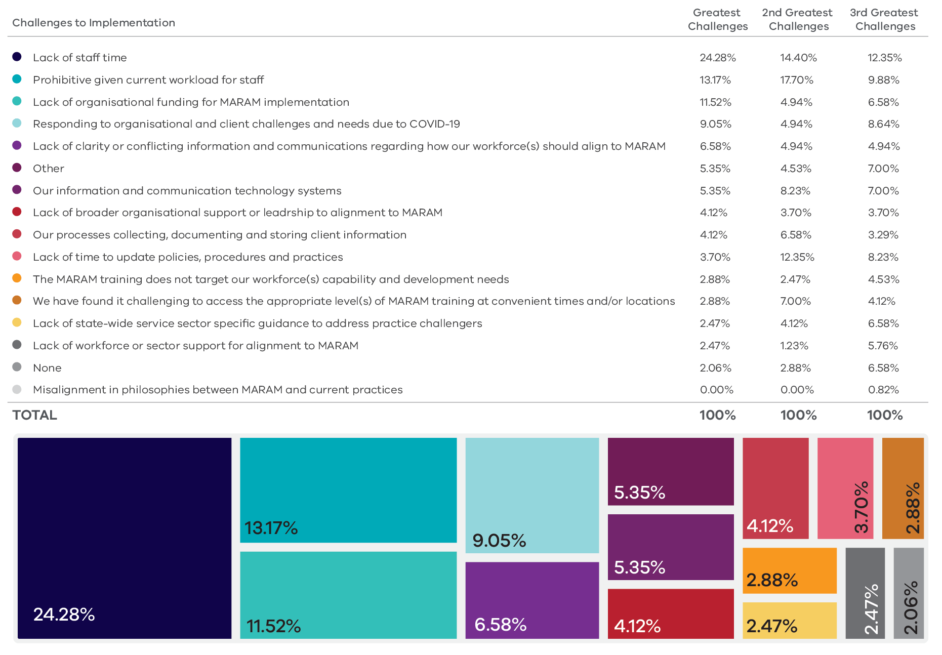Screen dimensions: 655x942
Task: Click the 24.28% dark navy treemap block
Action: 125,538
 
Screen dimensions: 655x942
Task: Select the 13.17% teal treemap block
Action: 348,490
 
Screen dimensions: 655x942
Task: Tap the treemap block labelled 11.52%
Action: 348,595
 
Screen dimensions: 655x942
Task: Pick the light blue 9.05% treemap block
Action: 532,495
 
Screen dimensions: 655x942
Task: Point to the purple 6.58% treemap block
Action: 532,600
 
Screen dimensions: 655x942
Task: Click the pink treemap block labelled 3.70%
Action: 845,488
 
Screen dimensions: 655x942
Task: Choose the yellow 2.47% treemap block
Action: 789,620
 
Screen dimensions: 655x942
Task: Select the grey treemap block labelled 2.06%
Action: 909,593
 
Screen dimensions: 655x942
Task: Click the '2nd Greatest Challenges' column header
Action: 798,19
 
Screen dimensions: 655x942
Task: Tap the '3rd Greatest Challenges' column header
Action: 884,19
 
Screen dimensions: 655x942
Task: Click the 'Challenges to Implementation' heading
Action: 94,23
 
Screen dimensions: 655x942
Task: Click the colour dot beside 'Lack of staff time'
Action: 17,57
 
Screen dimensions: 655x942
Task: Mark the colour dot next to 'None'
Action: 17,367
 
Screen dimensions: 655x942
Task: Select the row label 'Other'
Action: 49,169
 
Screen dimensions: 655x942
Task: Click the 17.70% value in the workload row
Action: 797,80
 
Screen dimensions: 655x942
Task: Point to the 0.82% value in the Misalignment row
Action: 884,390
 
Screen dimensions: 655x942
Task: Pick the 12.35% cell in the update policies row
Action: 797,257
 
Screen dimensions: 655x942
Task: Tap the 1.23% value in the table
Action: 794,346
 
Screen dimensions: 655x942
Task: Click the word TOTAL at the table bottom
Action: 35,415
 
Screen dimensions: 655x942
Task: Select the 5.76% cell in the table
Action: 883,346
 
